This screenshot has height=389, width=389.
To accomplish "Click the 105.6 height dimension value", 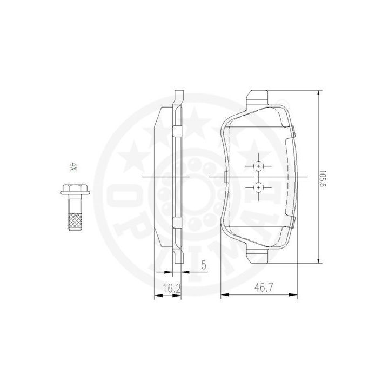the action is [x=322, y=179].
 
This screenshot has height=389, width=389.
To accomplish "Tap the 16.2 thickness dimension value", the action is [x=172, y=289].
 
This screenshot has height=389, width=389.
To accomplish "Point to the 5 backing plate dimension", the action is [x=204, y=265].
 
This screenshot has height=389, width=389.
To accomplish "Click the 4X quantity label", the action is [x=73, y=167].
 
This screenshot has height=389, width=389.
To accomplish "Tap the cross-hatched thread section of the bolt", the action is [x=75, y=222].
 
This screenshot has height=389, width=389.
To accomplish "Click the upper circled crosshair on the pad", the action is [x=258, y=166].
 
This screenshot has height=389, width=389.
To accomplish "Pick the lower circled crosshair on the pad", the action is [x=258, y=187].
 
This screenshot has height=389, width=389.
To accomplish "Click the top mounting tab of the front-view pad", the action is [x=257, y=97].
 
